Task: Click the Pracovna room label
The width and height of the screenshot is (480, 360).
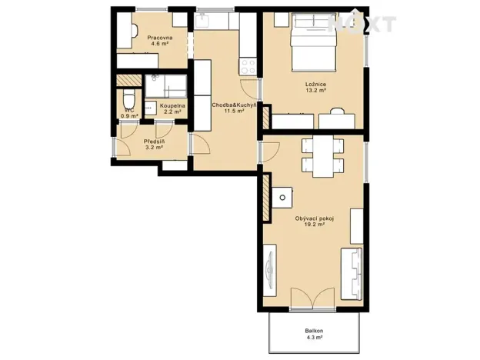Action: coord(161,37)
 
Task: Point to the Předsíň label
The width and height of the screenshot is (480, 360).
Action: coord(153,141)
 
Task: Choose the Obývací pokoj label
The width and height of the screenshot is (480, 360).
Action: coord(315,218)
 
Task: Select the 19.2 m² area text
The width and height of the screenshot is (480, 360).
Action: coord(315,225)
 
